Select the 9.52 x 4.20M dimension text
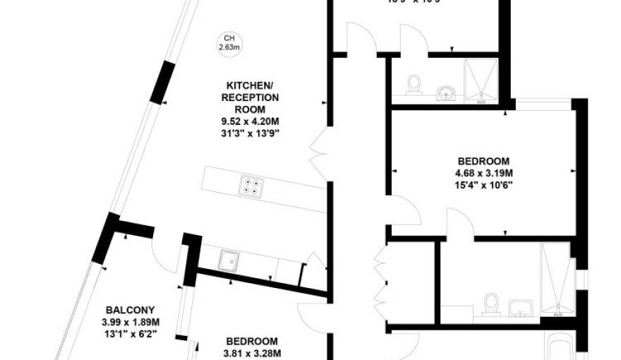251,121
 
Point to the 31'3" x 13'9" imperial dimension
251,133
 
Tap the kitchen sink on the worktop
227,261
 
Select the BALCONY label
130,310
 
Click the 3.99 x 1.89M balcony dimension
130,323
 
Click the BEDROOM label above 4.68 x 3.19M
483,161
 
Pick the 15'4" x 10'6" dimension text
483,185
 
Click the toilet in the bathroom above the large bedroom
414,83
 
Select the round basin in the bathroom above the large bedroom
445,92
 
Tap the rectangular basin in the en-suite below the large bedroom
520,308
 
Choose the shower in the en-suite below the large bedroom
557,277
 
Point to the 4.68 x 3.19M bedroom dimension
483,173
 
